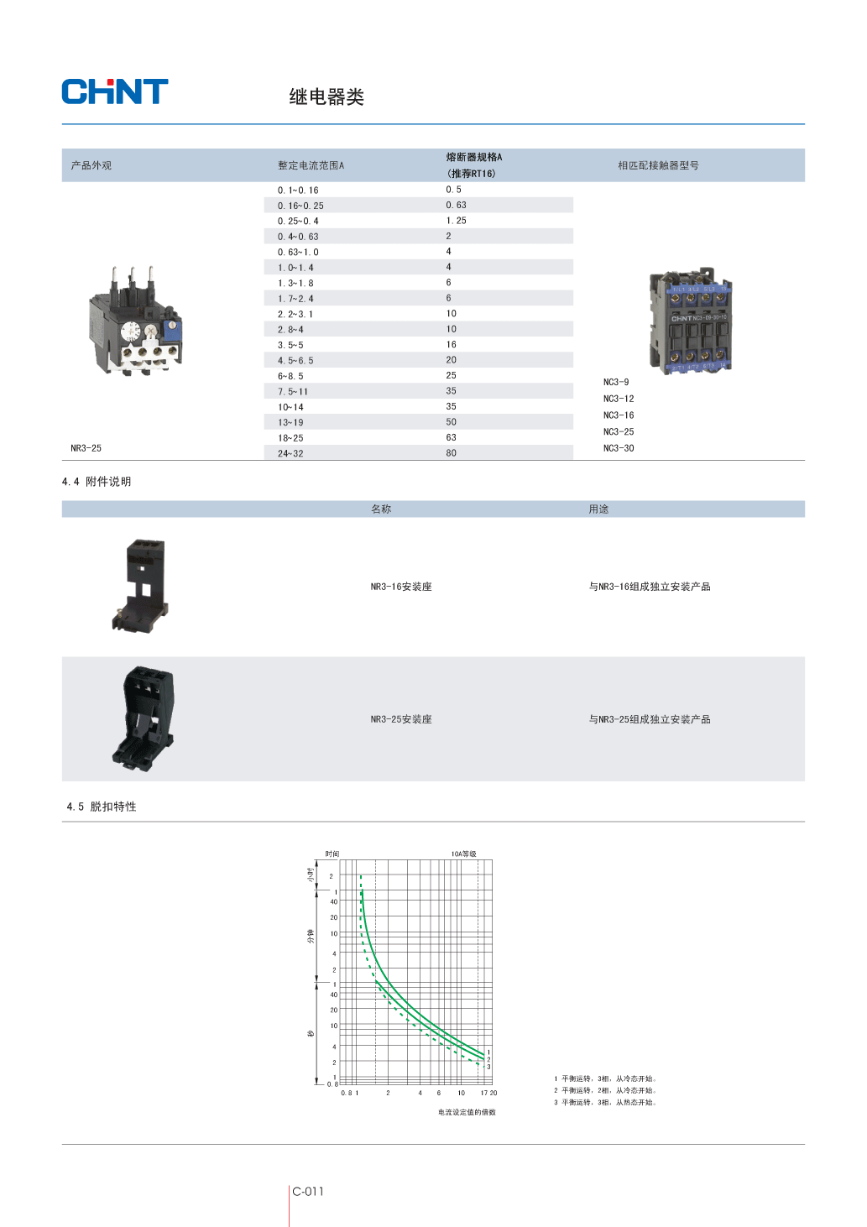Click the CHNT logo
[114, 91]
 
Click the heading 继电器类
[326, 97]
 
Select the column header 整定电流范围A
[311, 165]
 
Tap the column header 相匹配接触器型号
[658, 165]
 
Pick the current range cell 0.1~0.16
[298, 190]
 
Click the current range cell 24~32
[290, 453]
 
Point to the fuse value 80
[451, 453]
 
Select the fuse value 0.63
[456, 205]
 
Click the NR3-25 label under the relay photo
[86, 448]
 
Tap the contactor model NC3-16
[619, 415]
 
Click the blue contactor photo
[691, 321]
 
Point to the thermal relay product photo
[135, 321]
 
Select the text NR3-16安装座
[401, 587]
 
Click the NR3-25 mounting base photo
[144, 718]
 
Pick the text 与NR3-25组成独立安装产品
[650, 719]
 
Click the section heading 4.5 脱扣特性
[102, 807]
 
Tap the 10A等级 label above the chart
[463, 854]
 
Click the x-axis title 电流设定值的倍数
[467, 1112]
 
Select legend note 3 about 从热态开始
[605, 1102]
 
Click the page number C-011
[308, 1192]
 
